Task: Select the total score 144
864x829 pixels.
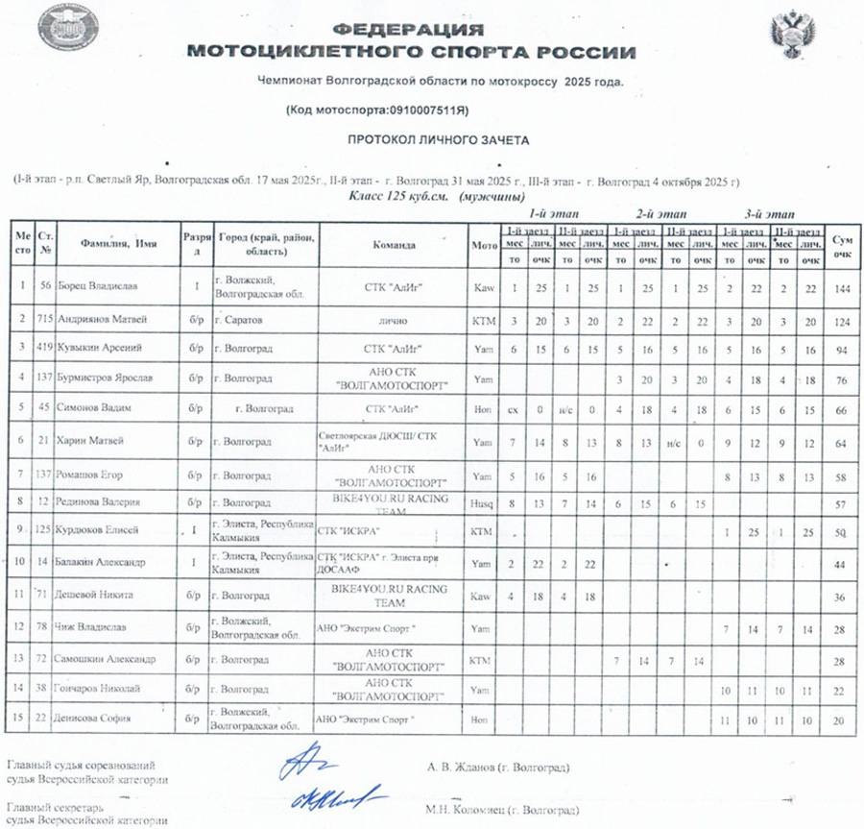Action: coord(842,287)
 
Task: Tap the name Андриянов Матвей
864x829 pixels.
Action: coord(106,316)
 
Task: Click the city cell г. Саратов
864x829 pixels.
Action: coord(241,316)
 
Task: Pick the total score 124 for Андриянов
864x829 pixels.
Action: coord(842,316)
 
